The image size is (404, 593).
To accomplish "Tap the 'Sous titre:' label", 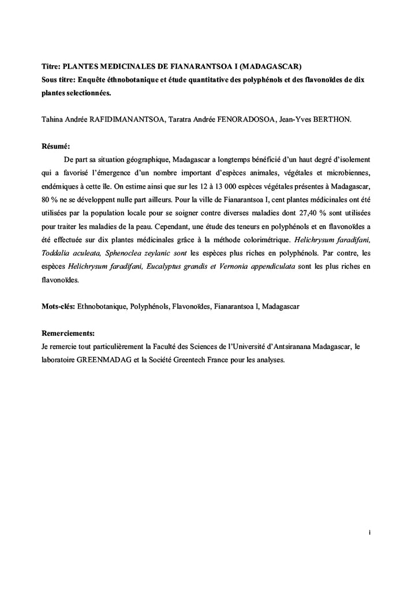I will [60, 79].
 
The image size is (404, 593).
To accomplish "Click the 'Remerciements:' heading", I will [68, 333].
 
